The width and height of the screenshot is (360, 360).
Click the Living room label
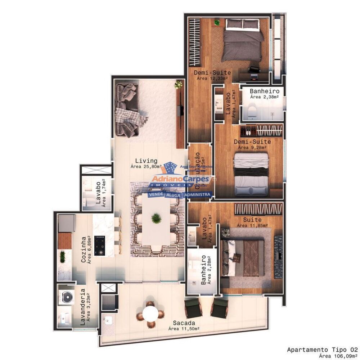[x=146, y=161]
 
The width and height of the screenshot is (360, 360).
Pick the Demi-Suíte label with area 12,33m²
[x=212, y=73]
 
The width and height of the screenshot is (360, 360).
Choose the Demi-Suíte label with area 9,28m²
[x=252, y=142]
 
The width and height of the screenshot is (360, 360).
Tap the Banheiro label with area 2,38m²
[x=264, y=91]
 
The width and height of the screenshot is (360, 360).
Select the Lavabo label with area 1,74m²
[x=98, y=192]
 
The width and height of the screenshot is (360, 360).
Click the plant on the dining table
[x=156, y=218]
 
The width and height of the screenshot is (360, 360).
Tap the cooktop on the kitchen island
[x=99, y=246]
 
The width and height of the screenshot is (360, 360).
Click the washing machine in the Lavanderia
[x=67, y=297]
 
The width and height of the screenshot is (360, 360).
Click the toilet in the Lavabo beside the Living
[x=88, y=197]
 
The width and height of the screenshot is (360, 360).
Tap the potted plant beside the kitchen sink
[x=62, y=256]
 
